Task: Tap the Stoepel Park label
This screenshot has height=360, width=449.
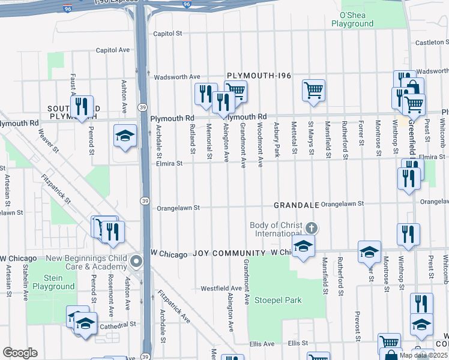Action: click(x=277, y=300)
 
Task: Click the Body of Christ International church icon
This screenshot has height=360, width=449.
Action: click(x=310, y=229)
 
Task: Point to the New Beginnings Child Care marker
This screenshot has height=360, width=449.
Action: click(x=136, y=262)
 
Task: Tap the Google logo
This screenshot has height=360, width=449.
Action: click(x=20, y=353)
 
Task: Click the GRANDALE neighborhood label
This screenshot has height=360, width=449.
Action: click(x=296, y=205)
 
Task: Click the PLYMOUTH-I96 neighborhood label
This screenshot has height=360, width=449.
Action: click(x=259, y=76)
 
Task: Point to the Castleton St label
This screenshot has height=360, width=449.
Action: click(x=432, y=43)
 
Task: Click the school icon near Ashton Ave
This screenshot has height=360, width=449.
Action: click(x=125, y=136)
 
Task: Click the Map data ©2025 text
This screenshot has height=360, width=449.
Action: click(x=422, y=355)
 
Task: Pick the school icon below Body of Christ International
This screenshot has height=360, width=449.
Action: click(x=303, y=246)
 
